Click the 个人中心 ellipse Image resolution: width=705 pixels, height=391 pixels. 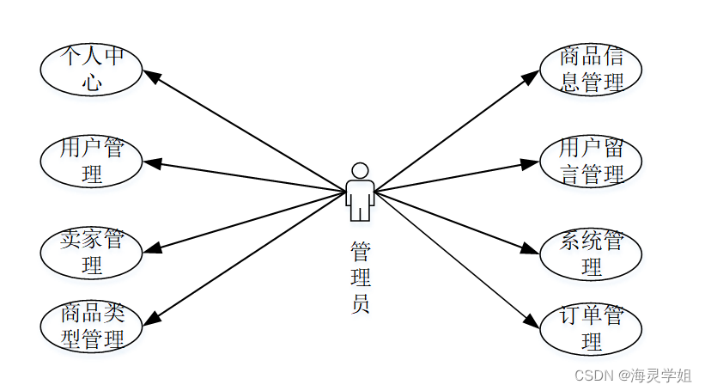pyautogui.click(x=92, y=70)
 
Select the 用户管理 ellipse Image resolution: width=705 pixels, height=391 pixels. pyautogui.click(x=92, y=161)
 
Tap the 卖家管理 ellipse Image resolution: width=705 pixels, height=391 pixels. pyautogui.click(x=92, y=251)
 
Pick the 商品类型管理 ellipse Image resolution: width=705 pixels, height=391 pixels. pyautogui.click(x=92, y=326)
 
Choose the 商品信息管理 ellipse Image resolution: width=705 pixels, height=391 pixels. pyautogui.click(x=591, y=70)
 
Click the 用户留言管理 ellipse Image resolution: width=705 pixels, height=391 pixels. pyautogui.click(x=591, y=161)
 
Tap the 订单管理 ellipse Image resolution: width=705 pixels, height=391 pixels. pyautogui.click(x=591, y=328)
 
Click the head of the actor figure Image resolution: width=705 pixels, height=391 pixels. pyautogui.click(x=360, y=170)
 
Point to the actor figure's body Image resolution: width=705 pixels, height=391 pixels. pyautogui.click(x=360, y=199)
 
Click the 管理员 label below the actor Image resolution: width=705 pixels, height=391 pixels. pyautogui.click(x=361, y=278)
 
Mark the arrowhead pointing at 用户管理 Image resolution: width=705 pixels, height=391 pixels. pyautogui.click(x=153, y=162)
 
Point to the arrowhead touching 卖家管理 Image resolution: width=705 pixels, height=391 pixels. pyautogui.click(x=153, y=249)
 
